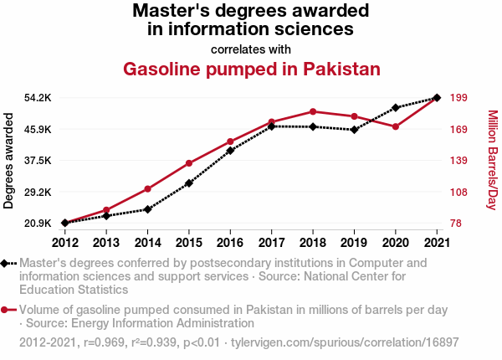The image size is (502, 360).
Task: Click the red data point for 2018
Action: [313, 111]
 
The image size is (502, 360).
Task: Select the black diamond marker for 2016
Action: [230, 151]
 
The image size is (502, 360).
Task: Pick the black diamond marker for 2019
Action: [354, 130]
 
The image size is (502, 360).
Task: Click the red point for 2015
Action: [189, 163]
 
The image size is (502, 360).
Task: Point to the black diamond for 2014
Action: [147, 209]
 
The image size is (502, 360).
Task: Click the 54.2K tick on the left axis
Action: [38, 98]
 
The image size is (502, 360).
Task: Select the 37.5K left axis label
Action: [38, 161]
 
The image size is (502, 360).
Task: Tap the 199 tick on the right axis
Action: [458, 98]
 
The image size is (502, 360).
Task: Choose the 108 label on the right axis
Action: [458, 192]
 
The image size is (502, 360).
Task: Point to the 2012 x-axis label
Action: [64, 243]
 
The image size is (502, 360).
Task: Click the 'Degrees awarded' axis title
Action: [9, 161]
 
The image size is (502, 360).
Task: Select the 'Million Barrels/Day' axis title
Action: [492, 161]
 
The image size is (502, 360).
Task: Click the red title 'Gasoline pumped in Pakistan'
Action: [252, 69]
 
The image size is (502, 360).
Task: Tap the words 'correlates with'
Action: [251, 48]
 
